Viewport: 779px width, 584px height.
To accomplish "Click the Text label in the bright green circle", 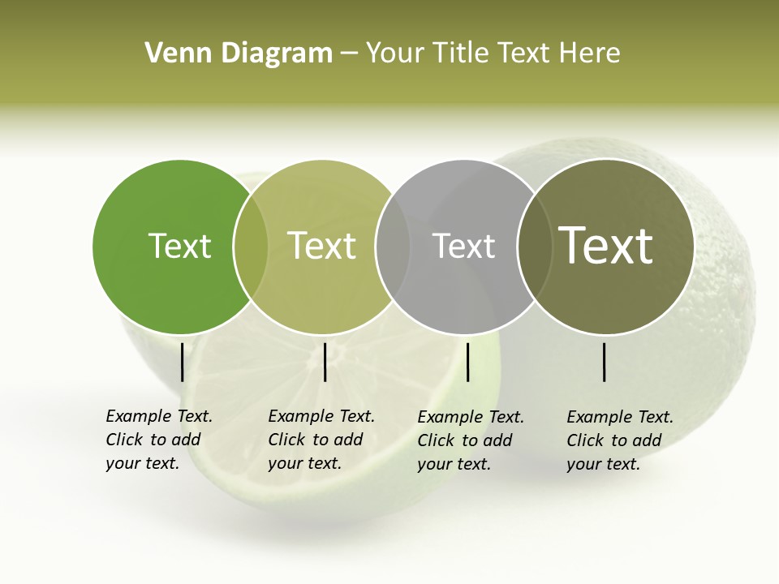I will point(179,246).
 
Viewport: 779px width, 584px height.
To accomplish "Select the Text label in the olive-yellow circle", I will point(322,246).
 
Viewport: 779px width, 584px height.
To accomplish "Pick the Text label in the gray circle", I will point(463,246).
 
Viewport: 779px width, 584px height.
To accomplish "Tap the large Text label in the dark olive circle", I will point(606,246).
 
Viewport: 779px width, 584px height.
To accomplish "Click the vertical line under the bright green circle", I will point(183,362).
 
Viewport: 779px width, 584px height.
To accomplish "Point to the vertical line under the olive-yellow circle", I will point(325,362).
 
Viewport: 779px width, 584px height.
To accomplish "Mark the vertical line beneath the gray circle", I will point(468,362).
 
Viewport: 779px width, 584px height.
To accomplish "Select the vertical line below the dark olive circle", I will point(605,362).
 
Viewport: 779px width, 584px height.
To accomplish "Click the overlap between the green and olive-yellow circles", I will point(251,247).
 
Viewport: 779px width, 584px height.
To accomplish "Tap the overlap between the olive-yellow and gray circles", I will point(393,247).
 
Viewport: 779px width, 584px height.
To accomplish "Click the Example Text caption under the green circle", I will point(158,440).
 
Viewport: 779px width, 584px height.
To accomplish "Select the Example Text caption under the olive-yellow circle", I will point(321,440).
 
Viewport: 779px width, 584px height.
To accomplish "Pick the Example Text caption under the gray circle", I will point(470,440).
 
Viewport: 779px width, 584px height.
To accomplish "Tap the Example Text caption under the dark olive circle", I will point(619,440).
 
